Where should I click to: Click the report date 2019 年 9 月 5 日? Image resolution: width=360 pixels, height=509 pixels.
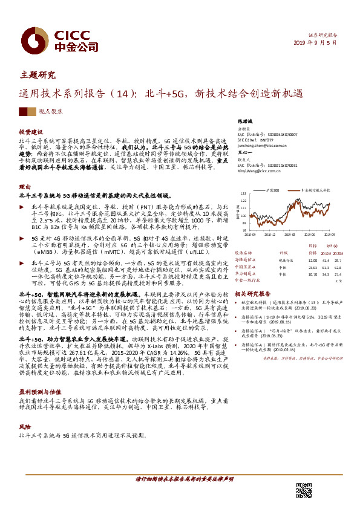[332, 45]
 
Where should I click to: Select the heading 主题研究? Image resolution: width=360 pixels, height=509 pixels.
[38, 76]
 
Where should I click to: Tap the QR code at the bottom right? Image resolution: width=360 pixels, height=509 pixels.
[303, 490]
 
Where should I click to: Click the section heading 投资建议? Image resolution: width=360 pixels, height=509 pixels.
[31, 132]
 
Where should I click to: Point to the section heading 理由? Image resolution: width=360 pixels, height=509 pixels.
[24, 188]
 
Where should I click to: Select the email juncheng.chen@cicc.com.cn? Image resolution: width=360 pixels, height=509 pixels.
[264, 146]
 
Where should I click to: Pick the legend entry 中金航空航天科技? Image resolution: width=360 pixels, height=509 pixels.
[315, 190]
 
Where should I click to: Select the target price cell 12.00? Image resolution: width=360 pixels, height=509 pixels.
[312, 259]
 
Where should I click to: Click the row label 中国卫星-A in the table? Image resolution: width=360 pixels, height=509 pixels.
[246, 267]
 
